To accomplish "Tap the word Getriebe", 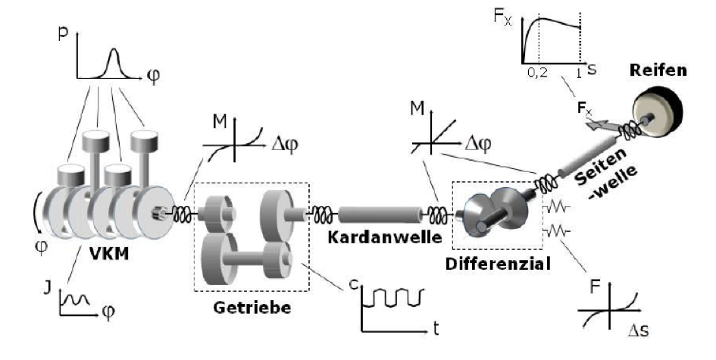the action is [252, 307].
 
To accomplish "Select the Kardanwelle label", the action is [385, 237].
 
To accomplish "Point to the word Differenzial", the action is [498, 264].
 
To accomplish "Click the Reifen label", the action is [658, 70].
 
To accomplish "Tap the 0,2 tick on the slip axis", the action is [537, 73].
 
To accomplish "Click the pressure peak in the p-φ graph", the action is [114, 50].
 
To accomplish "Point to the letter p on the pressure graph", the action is [63, 35].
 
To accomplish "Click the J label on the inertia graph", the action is [48, 289].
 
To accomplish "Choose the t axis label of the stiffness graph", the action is [436, 329].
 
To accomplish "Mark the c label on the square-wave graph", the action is [353, 285].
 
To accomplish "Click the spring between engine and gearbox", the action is [181, 214].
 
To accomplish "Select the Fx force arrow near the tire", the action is [599, 124].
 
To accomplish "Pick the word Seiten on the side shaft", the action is [600, 167].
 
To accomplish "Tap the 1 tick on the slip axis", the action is [579, 73].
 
